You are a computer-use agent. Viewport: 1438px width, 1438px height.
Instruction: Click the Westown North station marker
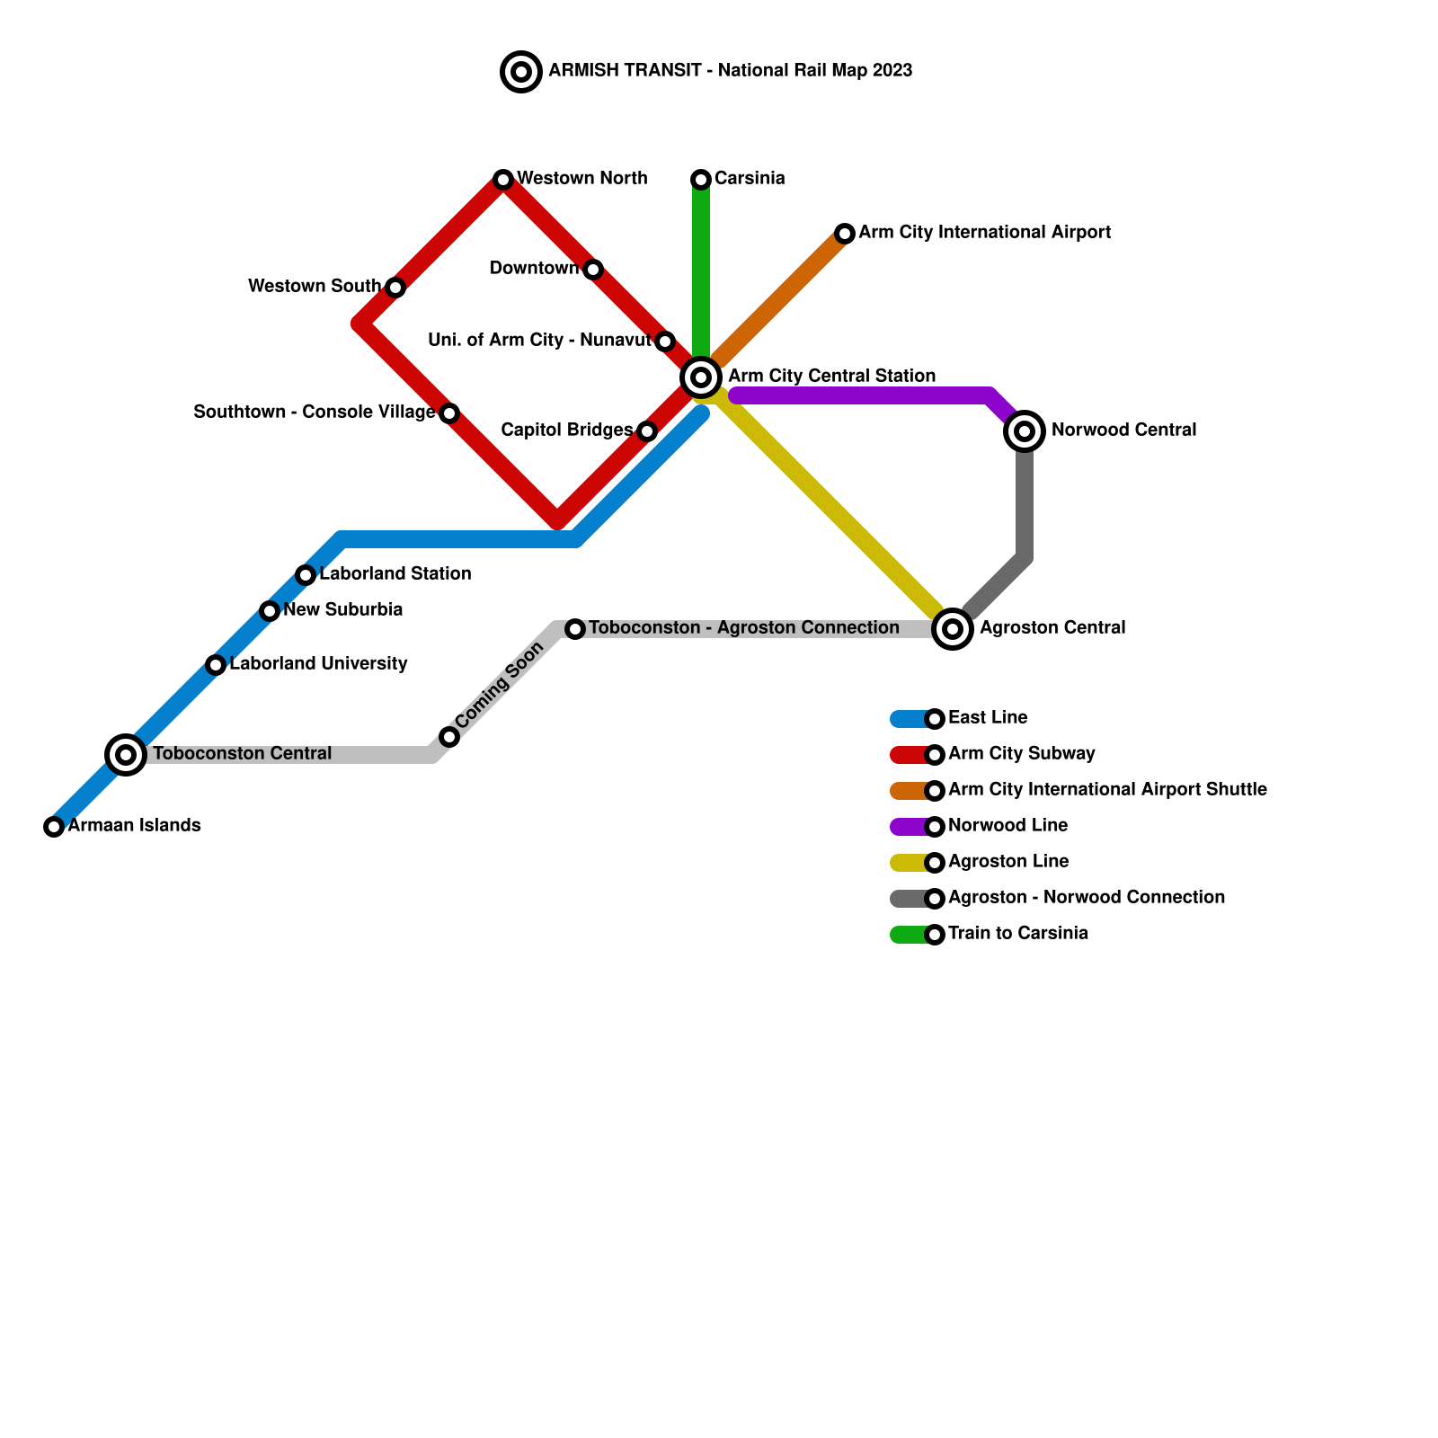tap(503, 180)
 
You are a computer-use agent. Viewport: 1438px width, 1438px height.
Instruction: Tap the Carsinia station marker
tap(701, 180)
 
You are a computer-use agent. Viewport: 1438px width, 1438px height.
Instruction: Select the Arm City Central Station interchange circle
tap(701, 377)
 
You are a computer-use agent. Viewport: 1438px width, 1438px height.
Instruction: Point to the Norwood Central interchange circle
tap(1025, 431)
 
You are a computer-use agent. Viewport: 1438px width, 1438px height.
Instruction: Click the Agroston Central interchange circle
tap(953, 628)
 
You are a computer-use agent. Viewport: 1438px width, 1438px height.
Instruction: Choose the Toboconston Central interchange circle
tap(126, 754)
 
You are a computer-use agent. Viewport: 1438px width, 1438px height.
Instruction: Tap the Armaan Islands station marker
tap(54, 827)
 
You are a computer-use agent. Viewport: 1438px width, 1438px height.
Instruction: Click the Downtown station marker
tap(593, 270)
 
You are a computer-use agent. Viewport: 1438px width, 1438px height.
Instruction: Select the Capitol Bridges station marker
tap(647, 431)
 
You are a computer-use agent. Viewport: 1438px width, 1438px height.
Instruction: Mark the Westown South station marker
tap(395, 288)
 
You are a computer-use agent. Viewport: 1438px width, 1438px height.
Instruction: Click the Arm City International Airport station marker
tap(845, 234)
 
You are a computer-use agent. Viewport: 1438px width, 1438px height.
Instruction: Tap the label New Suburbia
tap(342, 609)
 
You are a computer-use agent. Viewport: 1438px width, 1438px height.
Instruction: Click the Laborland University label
tap(318, 663)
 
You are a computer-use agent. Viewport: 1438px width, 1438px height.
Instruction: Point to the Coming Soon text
tap(500, 685)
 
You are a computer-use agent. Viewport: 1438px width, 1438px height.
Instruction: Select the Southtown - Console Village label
tap(314, 412)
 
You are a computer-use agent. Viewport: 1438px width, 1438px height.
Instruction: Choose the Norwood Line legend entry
tap(1007, 825)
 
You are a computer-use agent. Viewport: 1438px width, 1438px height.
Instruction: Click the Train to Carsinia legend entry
tap(1017, 933)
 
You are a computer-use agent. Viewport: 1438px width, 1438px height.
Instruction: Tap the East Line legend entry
tap(987, 717)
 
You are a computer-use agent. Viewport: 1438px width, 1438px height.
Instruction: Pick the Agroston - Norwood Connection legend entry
tap(1086, 897)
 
